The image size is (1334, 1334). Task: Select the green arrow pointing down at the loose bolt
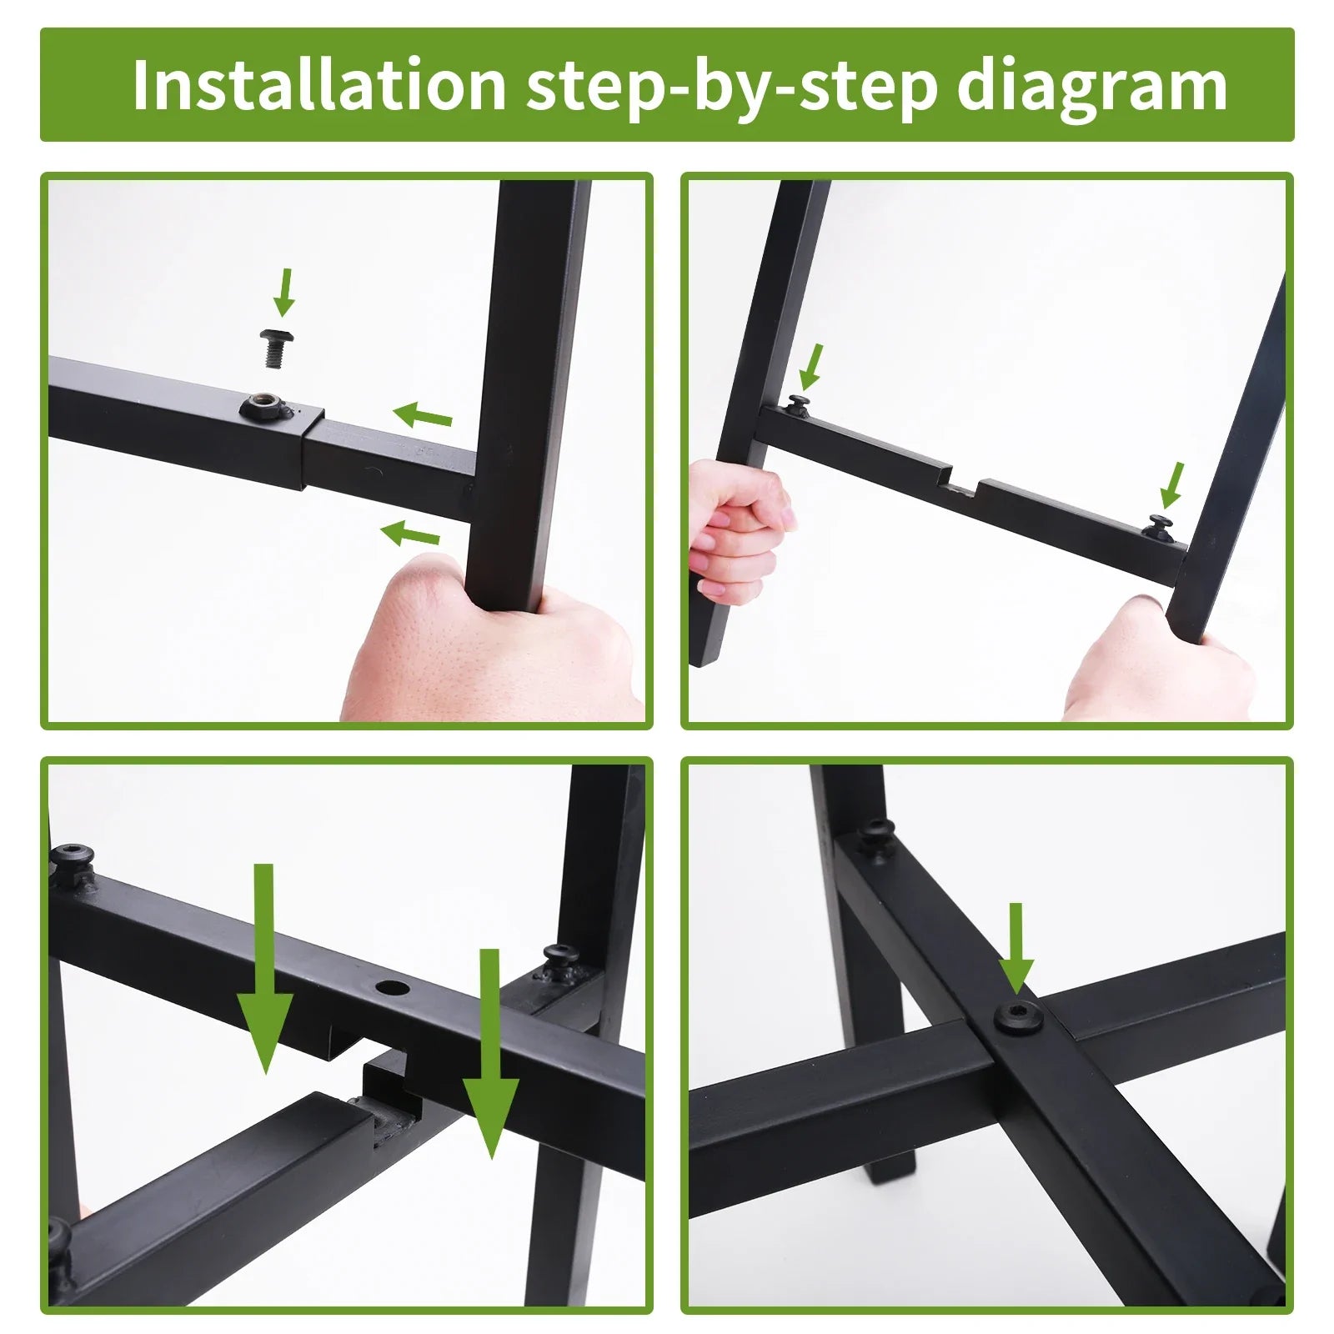tap(284, 292)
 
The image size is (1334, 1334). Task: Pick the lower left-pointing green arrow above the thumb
tap(410, 534)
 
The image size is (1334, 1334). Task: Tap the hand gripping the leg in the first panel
tap(492, 642)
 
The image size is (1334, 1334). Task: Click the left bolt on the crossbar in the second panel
tap(800, 405)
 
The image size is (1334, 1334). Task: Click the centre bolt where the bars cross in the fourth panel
tap(1019, 1018)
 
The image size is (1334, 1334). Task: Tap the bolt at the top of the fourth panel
tap(876, 833)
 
